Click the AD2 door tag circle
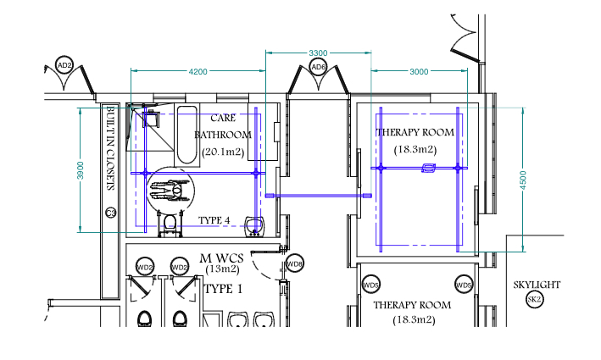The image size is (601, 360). pos(64,65)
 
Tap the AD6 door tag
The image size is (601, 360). pos(318,68)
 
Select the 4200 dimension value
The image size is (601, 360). pos(198,72)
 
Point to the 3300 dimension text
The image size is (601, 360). pos(318,53)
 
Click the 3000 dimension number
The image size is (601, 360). pos(419,72)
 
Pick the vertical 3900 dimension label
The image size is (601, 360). pos(81,170)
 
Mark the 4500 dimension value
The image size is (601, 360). pos(523,180)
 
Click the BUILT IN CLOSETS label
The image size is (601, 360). pos(110,148)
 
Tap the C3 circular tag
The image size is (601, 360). pos(111,213)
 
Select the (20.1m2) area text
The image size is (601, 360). pos(223,152)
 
